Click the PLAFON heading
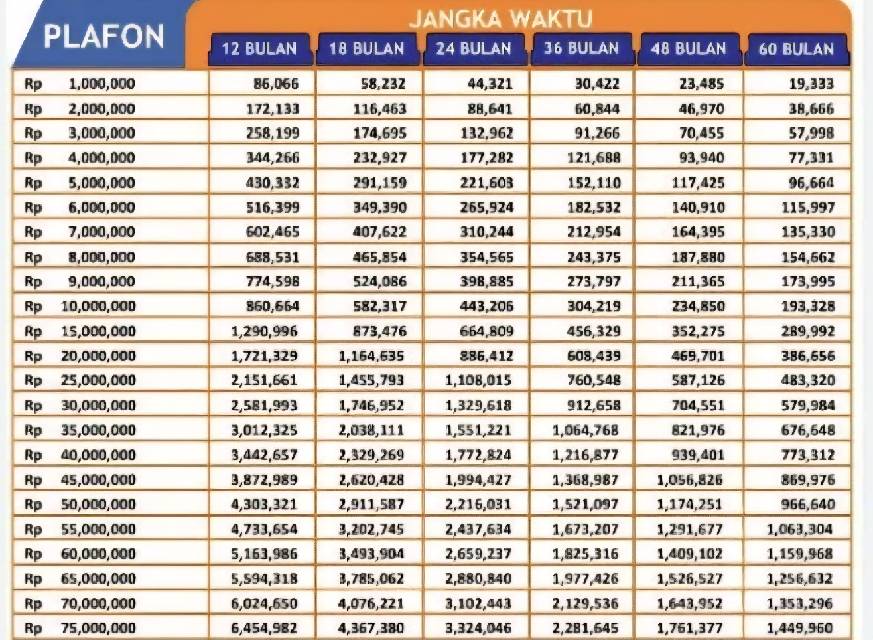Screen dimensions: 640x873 tap(103, 36)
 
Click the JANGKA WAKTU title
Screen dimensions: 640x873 tap(500, 18)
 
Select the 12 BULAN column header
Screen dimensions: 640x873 tap(259, 49)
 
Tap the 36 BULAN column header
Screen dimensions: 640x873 tap(581, 48)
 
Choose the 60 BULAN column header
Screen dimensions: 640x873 tap(796, 49)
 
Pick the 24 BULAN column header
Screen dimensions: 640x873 tap(474, 49)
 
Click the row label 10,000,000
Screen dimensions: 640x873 tap(98, 307)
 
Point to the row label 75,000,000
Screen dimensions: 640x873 tap(98, 628)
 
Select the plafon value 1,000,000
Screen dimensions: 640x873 tap(101, 84)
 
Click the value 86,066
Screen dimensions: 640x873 tap(276, 84)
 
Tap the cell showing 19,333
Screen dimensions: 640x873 tap(811, 84)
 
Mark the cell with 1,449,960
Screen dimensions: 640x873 tap(800, 628)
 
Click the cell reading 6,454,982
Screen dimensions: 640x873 tap(264, 628)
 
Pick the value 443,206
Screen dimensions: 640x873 tap(487, 307)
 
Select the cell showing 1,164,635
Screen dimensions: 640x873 tap(371, 356)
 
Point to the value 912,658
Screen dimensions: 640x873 tap(594, 406)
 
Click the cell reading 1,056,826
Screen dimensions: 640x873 tap(690, 480)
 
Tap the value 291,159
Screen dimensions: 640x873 tap(379, 183)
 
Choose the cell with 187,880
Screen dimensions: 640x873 tap(698, 257)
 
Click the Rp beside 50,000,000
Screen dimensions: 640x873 tap(33, 505)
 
